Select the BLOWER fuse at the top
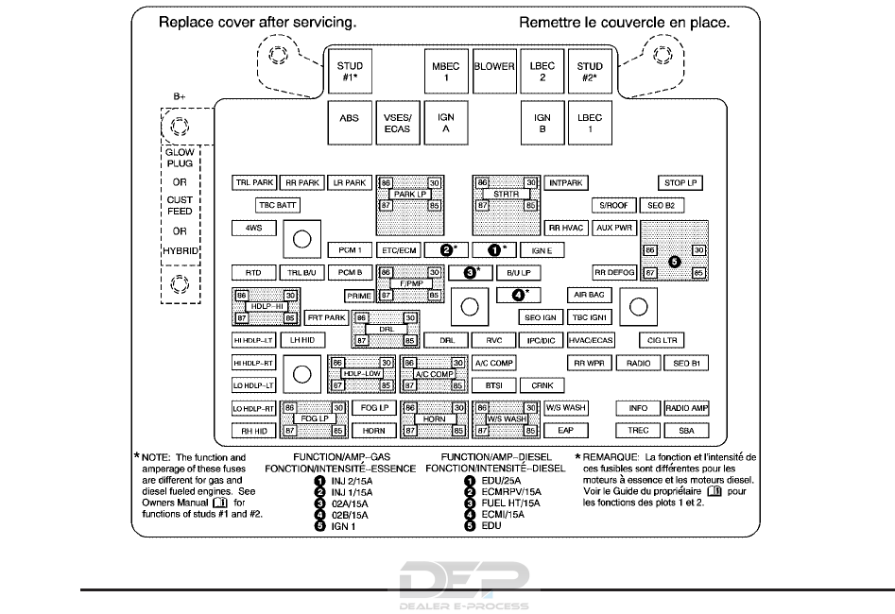[x=494, y=67]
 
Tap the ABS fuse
[x=350, y=123]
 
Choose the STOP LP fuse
[x=680, y=182]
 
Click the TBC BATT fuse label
[x=278, y=205]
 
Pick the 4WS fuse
[x=253, y=228]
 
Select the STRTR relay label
[x=506, y=194]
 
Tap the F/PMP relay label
[x=409, y=283]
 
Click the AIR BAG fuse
[x=590, y=295]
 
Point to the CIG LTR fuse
[x=661, y=340]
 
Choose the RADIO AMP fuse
[x=686, y=408]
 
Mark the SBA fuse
[x=686, y=430]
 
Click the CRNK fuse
[x=542, y=385]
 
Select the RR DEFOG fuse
[x=613, y=272]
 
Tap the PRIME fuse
[x=358, y=296]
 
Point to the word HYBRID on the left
[x=179, y=252]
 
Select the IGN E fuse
[x=542, y=250]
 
